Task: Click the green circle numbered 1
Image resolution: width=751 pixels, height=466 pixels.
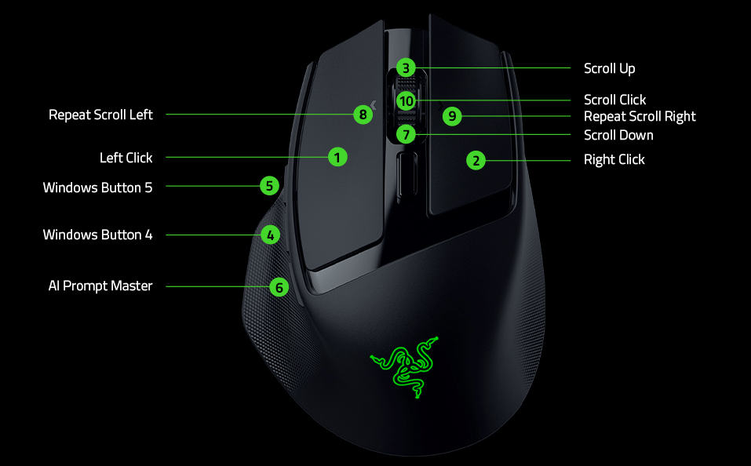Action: click(337, 157)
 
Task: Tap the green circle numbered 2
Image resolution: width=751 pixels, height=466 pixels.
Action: click(476, 161)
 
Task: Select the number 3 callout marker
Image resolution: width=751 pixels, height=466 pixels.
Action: click(405, 68)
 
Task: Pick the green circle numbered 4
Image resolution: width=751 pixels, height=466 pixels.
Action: click(270, 235)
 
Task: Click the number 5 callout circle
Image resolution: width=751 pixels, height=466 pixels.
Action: click(269, 186)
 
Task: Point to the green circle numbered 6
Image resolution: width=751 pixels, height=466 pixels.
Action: click(279, 287)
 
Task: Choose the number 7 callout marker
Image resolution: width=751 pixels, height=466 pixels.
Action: click(405, 134)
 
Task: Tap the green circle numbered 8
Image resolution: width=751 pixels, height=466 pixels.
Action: click(362, 115)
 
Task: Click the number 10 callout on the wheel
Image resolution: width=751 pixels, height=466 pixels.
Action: click(405, 101)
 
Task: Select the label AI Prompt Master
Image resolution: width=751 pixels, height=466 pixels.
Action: click(100, 286)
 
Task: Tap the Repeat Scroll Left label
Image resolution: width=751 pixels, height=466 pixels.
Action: click(100, 115)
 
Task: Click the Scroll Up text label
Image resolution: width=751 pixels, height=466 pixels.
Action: click(609, 68)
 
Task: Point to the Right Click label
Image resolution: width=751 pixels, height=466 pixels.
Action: click(614, 159)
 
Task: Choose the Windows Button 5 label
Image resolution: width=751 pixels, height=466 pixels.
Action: click(97, 187)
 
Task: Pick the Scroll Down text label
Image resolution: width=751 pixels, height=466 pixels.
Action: click(618, 135)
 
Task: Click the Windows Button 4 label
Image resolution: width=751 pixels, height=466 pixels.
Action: click(97, 235)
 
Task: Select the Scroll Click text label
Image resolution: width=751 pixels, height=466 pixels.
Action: click(614, 100)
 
